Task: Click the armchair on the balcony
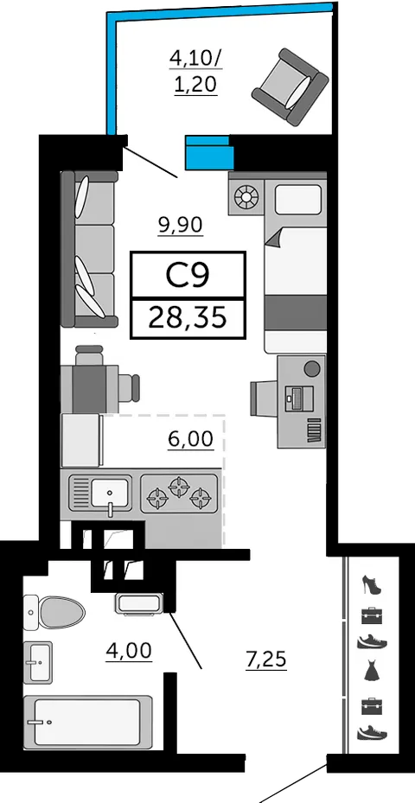coord(290,86)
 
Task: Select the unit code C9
coord(188,276)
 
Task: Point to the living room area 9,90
coord(181,225)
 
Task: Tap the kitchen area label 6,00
coord(190,439)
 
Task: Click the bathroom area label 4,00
coord(129,650)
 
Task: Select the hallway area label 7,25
coord(266,660)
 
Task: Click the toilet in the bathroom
coord(54,612)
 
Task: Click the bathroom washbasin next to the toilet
coord(38,662)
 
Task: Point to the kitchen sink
coord(99,494)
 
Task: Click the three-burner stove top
coord(179,494)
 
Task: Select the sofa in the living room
coord(89,249)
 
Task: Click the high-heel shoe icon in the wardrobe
coord(372,584)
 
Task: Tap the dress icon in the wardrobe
coord(372,671)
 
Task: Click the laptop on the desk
coord(299,398)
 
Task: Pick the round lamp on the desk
coord(312,368)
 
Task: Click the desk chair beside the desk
coord(265,398)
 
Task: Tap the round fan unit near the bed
coord(246,197)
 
